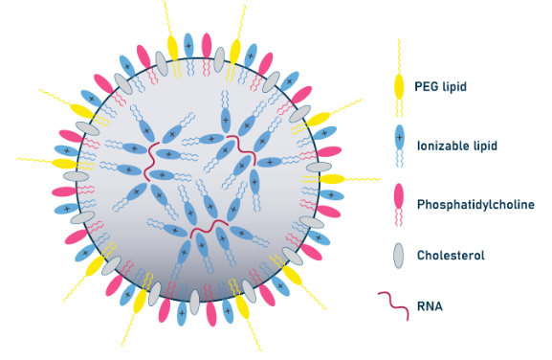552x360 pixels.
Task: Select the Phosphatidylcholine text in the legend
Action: coord(475,204)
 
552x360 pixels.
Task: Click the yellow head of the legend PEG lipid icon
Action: coord(399,88)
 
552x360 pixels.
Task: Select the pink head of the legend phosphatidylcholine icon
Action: coord(399,196)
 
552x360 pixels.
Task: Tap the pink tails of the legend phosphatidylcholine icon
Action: coord(399,220)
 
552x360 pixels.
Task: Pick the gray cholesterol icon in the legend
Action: coord(399,256)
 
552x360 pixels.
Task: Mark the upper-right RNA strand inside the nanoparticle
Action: coord(234,148)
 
